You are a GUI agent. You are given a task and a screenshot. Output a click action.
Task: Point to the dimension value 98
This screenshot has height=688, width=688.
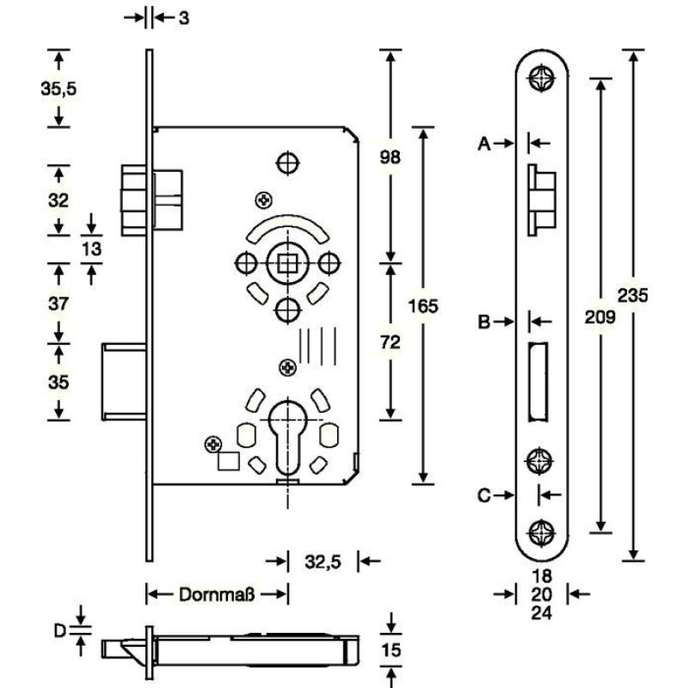pyautogui.click(x=390, y=157)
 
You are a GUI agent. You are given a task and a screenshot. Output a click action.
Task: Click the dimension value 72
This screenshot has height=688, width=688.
pyautogui.click(x=390, y=342)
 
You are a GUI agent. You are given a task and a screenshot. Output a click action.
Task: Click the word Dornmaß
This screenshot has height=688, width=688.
pyautogui.click(x=216, y=594)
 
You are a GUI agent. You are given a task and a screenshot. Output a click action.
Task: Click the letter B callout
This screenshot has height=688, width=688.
pyautogui.click(x=483, y=322)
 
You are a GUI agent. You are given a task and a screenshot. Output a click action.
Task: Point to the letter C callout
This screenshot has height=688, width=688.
pyautogui.click(x=483, y=495)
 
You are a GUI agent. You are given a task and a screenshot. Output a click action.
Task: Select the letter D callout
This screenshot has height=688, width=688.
pyautogui.click(x=59, y=631)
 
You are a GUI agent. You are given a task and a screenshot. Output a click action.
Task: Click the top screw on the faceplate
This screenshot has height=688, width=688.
pyautogui.click(x=542, y=79)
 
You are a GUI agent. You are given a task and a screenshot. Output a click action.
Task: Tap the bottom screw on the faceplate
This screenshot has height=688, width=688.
pyautogui.click(x=542, y=532)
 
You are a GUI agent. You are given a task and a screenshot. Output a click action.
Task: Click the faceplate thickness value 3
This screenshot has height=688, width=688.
pyautogui.click(x=183, y=17)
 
